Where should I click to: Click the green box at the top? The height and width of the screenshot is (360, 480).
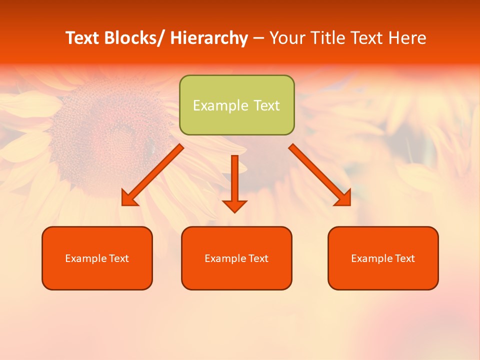(236, 105)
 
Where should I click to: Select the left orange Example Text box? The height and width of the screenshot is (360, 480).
(97, 258)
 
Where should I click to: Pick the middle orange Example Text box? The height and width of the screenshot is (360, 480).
(236, 258)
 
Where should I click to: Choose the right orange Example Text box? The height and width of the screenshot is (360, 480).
(383, 258)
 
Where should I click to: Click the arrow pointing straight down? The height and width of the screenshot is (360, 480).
(234, 182)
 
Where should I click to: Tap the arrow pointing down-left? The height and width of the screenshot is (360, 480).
(152, 175)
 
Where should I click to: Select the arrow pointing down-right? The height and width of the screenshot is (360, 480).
(320, 174)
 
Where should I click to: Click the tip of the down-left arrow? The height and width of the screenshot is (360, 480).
(122, 205)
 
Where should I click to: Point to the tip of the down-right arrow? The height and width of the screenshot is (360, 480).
(350, 205)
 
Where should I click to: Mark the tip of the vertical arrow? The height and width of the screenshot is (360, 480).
(234, 212)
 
